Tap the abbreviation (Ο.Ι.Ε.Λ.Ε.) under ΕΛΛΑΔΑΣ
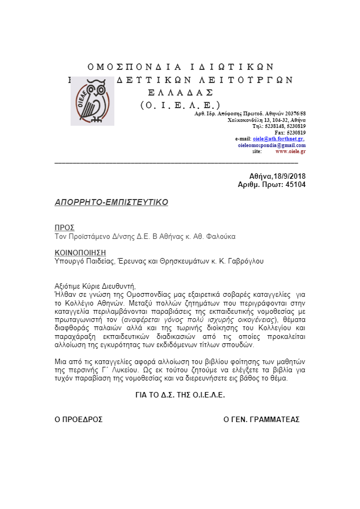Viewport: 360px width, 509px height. pyautogui.click(x=180, y=105)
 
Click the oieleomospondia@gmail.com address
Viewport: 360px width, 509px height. pyautogui.click(x=271, y=145)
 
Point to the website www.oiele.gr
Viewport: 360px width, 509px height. pyautogui.click(x=291, y=151)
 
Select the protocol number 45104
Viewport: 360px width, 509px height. pyautogui.click(x=295, y=185)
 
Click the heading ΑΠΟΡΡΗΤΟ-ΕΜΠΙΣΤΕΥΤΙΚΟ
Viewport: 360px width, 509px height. pyautogui.click(x=112, y=202)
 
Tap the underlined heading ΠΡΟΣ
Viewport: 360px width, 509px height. pyautogui.click(x=65, y=227)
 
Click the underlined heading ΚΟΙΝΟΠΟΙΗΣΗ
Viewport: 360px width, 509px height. pyautogui.click(x=80, y=253)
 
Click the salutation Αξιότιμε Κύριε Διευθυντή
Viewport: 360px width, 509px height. pyautogui.click(x=95, y=286)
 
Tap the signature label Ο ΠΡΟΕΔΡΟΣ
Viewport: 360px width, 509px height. pyautogui.click(x=79, y=419)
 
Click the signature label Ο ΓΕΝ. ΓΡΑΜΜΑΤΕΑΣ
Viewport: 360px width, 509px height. pyautogui.click(x=262, y=419)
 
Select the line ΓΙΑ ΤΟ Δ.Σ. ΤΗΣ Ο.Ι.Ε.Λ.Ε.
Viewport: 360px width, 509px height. pyautogui.click(x=180, y=395)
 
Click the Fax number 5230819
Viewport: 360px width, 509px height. pyautogui.click(x=295, y=132)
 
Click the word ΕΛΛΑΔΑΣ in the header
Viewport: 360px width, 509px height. pyautogui.click(x=180, y=92)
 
